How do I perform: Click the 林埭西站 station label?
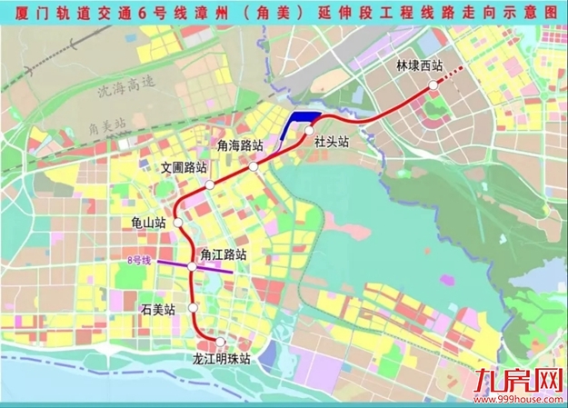click(x=419, y=66)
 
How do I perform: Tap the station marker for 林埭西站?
click(x=433, y=83)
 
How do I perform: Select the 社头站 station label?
click(x=332, y=142)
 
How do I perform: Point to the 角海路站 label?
click(x=241, y=144)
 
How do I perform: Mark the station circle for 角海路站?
click(x=254, y=167)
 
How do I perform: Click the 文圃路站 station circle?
click(x=209, y=184)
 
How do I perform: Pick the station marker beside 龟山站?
click(x=178, y=222)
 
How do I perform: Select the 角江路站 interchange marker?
click(x=192, y=265)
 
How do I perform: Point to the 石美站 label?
click(x=157, y=309)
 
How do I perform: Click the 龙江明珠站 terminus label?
click(x=221, y=359)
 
